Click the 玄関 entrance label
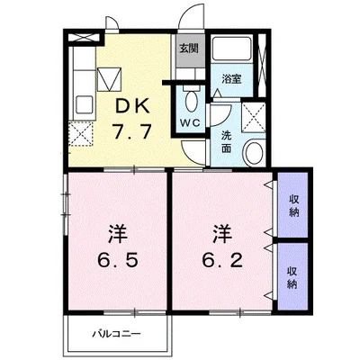pyautogui.click(x=187, y=49)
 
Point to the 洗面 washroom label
pyautogui.click(x=227, y=142)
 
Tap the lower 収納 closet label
pyautogui.click(x=293, y=276)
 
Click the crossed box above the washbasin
pyautogui.click(x=254, y=115)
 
